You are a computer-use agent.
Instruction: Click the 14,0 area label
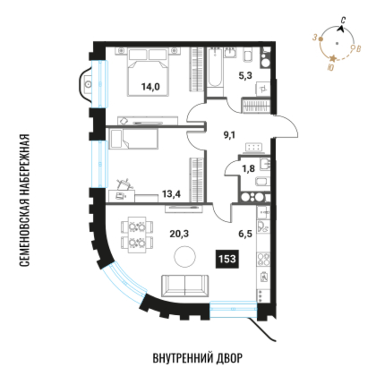click(151, 86)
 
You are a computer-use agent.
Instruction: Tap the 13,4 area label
click(171, 194)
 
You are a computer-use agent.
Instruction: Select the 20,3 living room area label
click(179, 233)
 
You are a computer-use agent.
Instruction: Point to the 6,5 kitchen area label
click(245, 233)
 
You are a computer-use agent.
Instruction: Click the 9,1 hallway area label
click(229, 135)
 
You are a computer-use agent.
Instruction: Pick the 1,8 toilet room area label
click(249, 168)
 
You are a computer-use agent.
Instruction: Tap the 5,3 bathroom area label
click(245, 76)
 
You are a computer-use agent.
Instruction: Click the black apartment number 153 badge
click(227, 259)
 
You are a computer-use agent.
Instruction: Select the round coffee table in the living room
click(185, 256)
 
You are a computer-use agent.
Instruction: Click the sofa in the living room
click(185, 286)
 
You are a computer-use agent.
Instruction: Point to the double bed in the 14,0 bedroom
click(148, 72)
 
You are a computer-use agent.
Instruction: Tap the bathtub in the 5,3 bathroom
click(215, 67)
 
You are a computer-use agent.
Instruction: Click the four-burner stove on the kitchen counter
click(264, 259)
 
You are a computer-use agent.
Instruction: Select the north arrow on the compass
click(341, 29)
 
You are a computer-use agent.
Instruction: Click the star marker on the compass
click(333, 58)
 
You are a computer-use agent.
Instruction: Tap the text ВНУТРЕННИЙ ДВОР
click(198, 358)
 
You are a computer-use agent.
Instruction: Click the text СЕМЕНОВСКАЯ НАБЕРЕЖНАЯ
click(24, 200)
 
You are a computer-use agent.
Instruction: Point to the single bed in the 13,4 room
click(133, 139)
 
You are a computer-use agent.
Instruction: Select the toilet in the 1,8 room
click(263, 182)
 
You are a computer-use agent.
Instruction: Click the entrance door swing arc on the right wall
click(286, 126)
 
